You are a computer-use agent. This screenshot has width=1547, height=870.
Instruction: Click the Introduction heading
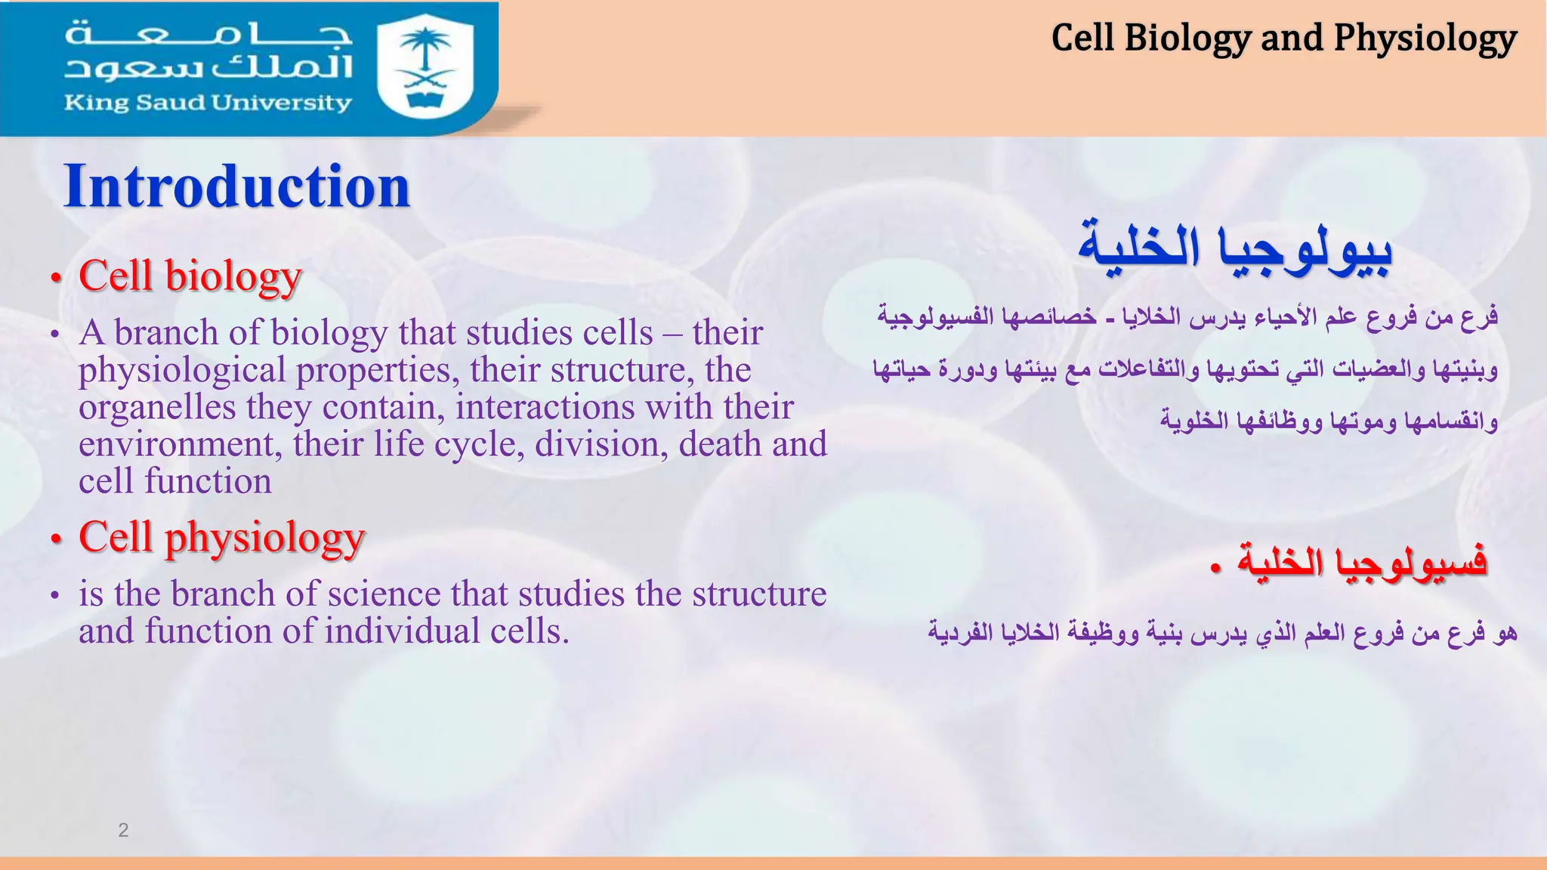coord(236,187)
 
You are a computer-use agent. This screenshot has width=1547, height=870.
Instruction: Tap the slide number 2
coord(123,831)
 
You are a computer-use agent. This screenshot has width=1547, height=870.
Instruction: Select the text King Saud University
coord(208,103)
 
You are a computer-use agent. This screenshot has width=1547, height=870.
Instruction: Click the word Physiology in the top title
coord(1425,39)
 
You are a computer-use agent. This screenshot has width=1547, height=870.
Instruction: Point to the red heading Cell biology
coord(190,276)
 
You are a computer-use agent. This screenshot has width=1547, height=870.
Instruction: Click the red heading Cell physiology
coord(222,538)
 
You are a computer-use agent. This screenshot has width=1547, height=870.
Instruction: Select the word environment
coord(180,444)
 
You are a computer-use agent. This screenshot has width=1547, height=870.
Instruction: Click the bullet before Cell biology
coord(55,279)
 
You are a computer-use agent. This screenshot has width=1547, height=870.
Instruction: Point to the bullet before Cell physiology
coord(55,541)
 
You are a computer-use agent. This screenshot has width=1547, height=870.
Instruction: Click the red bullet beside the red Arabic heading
coord(1214,568)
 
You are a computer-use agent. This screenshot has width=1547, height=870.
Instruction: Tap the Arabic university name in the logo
coord(208,51)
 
